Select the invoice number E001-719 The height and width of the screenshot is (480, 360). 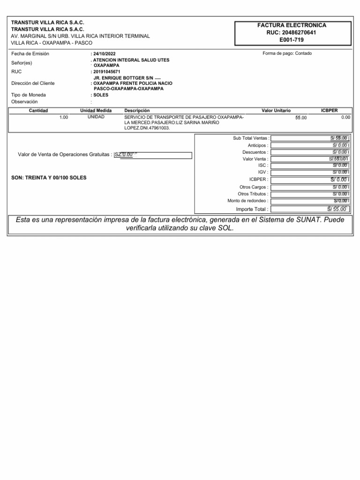292,40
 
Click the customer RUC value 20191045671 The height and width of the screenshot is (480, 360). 107,72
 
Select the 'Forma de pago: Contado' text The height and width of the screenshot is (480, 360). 287,53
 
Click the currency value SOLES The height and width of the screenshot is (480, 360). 100,95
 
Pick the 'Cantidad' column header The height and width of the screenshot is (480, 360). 38,110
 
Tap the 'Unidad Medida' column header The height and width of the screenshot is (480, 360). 96,110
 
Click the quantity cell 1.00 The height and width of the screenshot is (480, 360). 64,117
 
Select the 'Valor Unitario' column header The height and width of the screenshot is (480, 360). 276,110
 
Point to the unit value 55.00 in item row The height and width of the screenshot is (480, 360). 301,117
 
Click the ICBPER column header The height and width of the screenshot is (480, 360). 330,110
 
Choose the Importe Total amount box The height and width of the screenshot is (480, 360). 310,209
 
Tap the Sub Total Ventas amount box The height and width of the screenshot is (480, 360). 310,138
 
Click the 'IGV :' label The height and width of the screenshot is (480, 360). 263,172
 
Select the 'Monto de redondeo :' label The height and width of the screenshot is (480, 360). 248,201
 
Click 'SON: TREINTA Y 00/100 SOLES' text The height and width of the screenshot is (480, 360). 49,178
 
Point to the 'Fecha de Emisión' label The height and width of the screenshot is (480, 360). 30,53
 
